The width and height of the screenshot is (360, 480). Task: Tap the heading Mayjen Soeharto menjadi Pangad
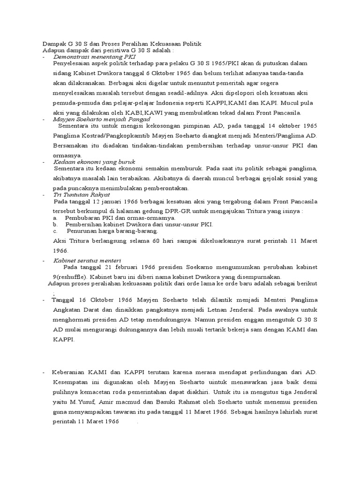pyautogui.click(x=102, y=120)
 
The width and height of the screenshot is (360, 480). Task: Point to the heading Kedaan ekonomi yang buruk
pyautogui.click(x=94, y=162)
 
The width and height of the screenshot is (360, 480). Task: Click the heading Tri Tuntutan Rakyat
pyautogui.click(x=82, y=194)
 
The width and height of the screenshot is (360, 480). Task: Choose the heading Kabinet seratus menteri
pyautogui.click(x=88, y=260)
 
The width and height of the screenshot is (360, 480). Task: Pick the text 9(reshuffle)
pyautogui.click(x=73, y=277)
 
